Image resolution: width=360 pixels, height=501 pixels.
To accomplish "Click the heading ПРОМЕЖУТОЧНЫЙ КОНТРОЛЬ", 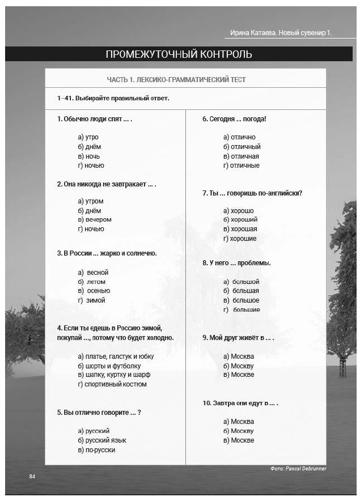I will (179, 54).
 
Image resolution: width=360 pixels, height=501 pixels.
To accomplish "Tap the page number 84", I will (32, 476).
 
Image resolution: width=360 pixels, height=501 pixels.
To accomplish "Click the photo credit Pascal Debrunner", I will (299, 469).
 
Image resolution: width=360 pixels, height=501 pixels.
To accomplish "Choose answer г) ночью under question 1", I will (91, 165).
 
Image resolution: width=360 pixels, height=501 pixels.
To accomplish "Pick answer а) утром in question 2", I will (91, 201).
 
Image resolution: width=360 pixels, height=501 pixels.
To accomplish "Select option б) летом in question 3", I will (92, 282).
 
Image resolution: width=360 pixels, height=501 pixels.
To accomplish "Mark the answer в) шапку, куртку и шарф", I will (114, 375).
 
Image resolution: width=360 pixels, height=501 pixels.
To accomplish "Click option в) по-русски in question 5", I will (96, 449).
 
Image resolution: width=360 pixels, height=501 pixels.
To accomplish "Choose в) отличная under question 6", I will (241, 156).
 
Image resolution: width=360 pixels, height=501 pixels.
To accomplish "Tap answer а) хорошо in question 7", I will (239, 211).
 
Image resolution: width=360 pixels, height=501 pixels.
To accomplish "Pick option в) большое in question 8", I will (242, 300).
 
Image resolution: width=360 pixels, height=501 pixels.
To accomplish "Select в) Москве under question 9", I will (239, 375).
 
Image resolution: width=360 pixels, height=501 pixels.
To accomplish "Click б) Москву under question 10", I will (239, 431).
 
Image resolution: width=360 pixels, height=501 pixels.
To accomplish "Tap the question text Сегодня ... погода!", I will (234, 119).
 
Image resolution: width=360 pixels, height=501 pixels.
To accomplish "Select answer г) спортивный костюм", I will (112, 384).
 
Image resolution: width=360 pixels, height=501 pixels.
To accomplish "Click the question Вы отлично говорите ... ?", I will (99, 412).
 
